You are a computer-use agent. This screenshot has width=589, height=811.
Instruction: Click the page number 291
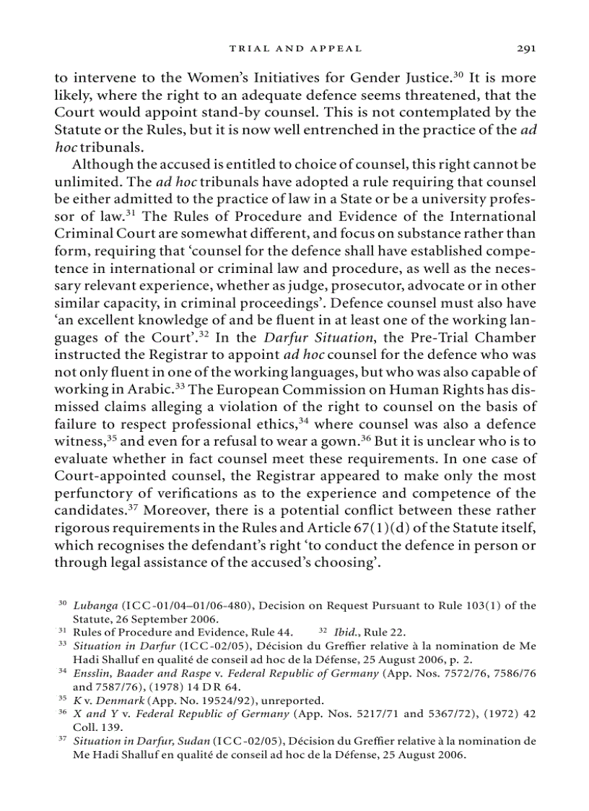(525, 48)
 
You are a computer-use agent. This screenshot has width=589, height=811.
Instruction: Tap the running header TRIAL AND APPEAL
(294, 48)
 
